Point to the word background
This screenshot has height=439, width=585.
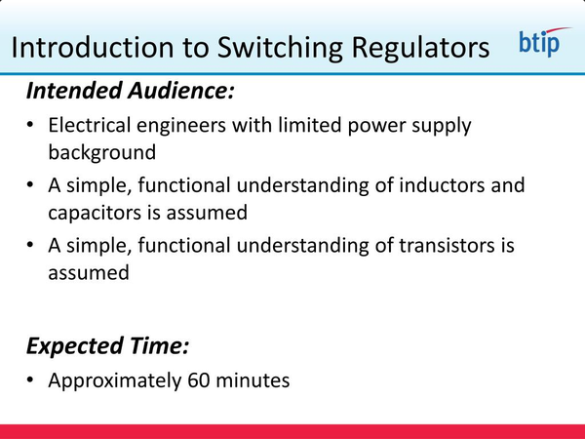tap(101, 153)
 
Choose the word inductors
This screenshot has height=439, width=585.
tap(439, 186)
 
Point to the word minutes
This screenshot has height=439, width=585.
tap(253, 379)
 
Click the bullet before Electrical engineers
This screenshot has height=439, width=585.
tap(32, 128)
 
